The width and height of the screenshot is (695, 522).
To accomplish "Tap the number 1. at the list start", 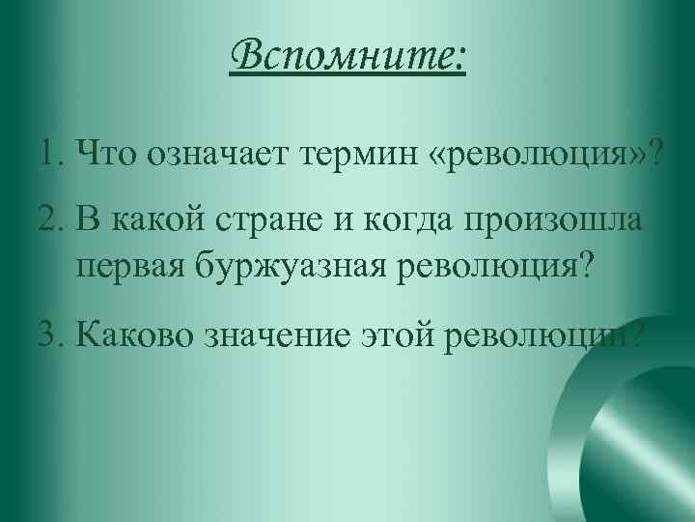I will point(54,152).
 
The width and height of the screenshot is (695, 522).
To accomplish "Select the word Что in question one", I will point(108,152).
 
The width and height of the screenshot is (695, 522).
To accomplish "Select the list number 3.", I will point(54,337).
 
